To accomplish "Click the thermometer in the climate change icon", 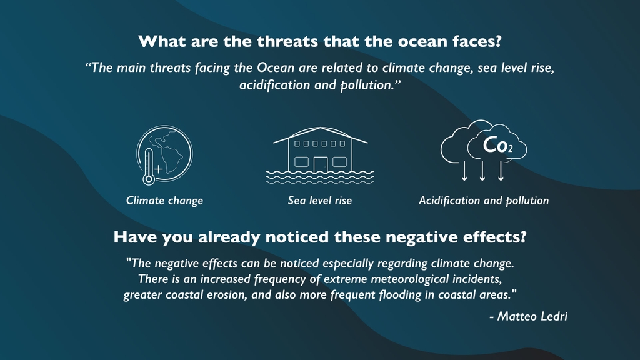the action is (x=149, y=167).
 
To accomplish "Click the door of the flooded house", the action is (x=321, y=164).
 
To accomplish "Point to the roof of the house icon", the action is (x=321, y=135).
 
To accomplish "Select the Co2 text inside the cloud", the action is (x=497, y=145).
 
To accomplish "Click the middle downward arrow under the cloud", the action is (x=482, y=171).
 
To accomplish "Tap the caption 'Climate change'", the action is (x=164, y=201).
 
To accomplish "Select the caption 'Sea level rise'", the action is (x=320, y=201).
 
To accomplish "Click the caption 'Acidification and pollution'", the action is (x=484, y=201).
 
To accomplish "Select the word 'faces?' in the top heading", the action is (x=476, y=41).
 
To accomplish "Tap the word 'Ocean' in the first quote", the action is (x=276, y=67).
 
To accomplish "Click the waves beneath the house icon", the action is (x=320, y=176).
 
